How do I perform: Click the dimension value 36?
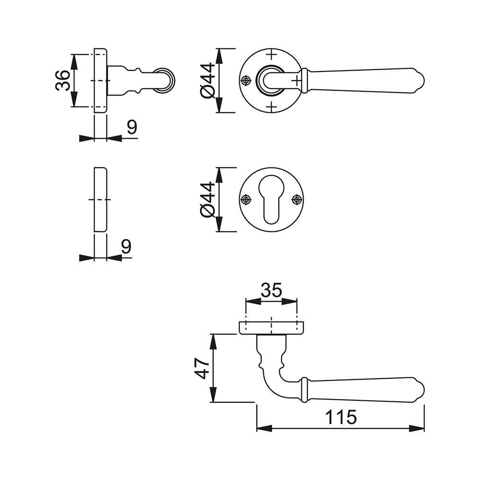(x=63, y=80)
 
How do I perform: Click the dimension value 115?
(x=341, y=417)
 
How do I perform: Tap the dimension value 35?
(x=272, y=290)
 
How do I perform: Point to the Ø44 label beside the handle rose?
(x=208, y=81)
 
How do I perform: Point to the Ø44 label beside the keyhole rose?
(x=208, y=200)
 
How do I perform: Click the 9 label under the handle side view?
(x=132, y=127)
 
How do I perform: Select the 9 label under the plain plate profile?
(x=126, y=246)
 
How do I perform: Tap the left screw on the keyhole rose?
(x=246, y=200)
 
